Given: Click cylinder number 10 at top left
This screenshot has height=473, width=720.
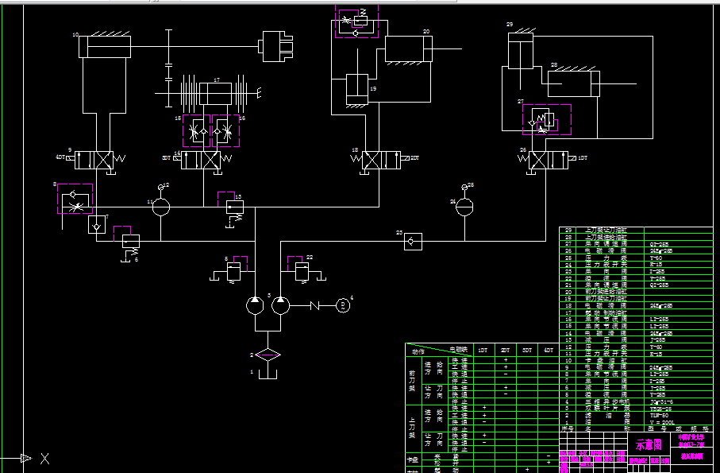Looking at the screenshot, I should click(104, 47).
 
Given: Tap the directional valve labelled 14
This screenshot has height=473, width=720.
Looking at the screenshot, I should click(201, 160).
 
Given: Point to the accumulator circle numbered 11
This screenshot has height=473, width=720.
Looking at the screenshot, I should click(160, 206).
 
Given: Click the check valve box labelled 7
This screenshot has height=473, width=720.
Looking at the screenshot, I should click(97, 225).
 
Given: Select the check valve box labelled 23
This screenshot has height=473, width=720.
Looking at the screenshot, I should click(413, 238).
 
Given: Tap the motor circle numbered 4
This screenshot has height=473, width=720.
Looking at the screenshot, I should click(343, 304).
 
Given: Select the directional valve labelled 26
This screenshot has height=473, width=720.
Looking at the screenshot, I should click(546, 160).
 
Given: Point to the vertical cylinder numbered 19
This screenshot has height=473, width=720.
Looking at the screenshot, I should click(356, 88).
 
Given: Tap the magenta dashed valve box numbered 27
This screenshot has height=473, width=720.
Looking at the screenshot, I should click(545, 119).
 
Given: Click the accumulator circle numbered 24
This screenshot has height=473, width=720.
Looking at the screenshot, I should click(466, 206).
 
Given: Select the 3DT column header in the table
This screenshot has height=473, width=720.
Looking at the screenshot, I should click(527, 350).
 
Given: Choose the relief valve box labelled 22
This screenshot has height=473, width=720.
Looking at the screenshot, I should click(301, 273).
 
